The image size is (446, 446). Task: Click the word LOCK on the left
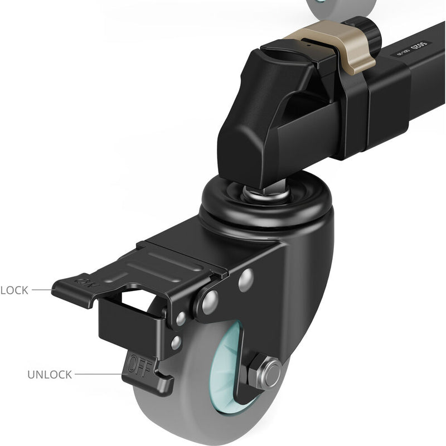tap(14, 290)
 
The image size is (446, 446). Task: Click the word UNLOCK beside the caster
tap(50, 375)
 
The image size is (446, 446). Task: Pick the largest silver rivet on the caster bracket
tap(246, 280)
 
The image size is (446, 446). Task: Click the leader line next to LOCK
tap(42, 290)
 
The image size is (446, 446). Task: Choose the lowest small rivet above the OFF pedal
tap(176, 342)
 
